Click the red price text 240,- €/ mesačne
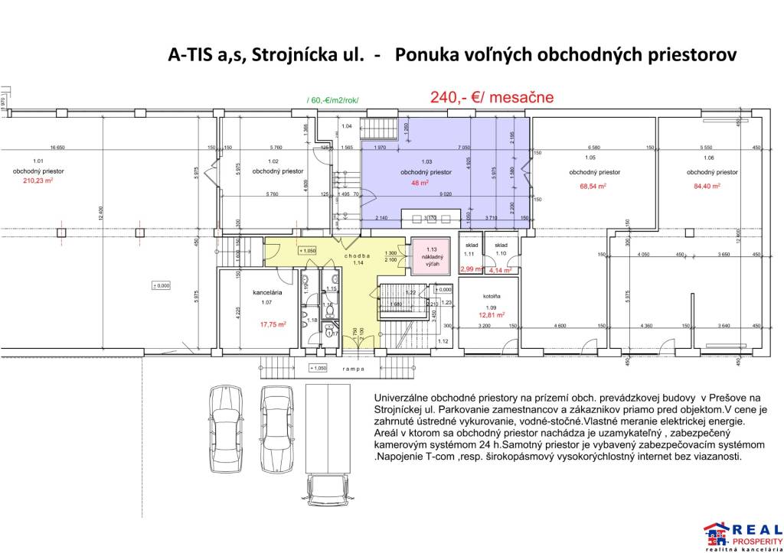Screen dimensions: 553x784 492,98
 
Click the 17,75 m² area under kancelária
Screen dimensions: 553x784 272,324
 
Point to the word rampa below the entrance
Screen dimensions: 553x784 353,368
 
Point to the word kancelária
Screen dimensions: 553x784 269,293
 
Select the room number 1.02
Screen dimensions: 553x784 273,161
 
